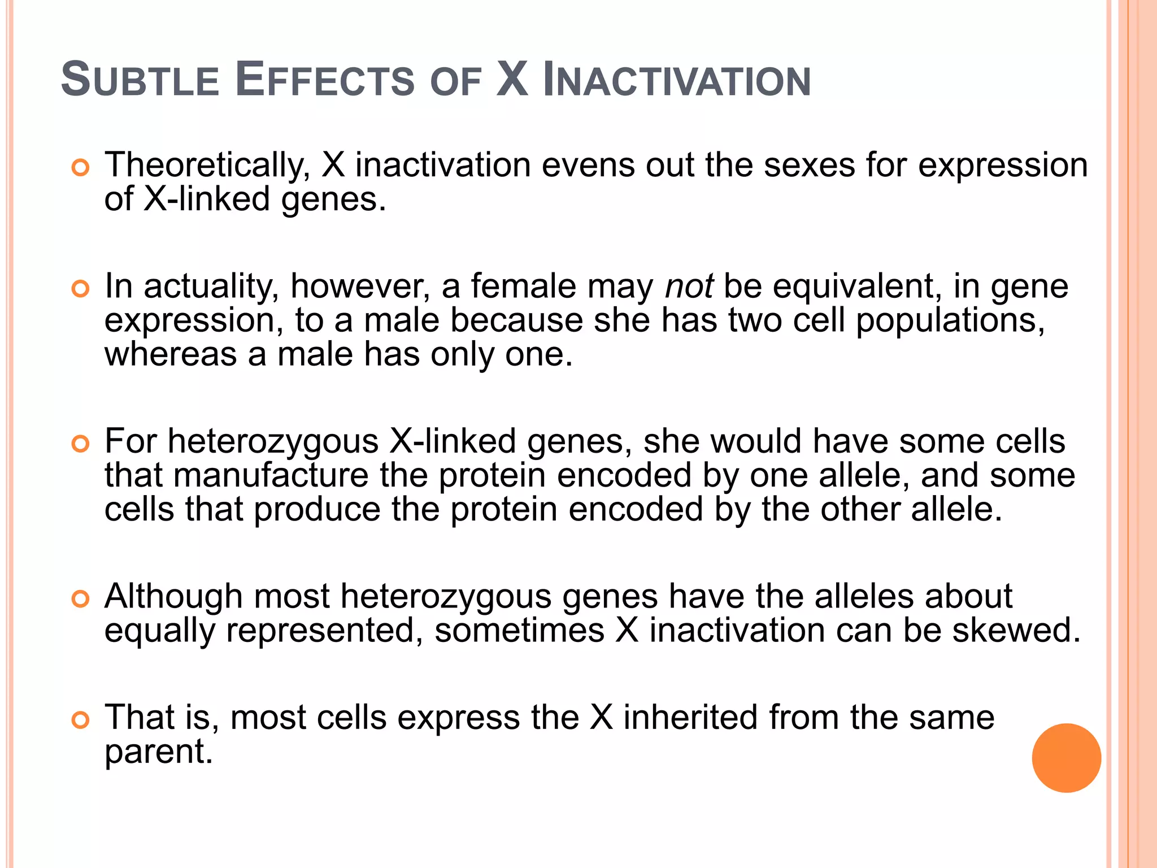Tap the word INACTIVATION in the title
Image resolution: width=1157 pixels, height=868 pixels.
point(676,80)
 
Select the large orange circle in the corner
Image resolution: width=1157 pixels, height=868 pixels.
point(1066,758)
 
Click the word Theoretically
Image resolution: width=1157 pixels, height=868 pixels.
point(207,165)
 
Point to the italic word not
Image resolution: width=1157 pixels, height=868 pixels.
point(689,286)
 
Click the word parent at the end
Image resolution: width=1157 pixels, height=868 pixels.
point(159,752)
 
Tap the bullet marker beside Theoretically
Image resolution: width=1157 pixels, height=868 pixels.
point(81,168)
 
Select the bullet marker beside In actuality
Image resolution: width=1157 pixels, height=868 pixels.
point(81,289)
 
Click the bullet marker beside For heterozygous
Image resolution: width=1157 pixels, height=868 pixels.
point(81,444)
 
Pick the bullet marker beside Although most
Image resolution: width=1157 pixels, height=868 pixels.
point(81,598)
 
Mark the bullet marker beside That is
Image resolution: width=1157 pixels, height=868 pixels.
point(81,720)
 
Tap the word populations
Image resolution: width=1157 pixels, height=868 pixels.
point(950,321)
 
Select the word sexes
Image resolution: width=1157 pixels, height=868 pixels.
point(809,165)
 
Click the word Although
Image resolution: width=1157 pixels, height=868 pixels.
point(173,597)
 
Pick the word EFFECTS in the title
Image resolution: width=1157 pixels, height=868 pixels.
point(324,80)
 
